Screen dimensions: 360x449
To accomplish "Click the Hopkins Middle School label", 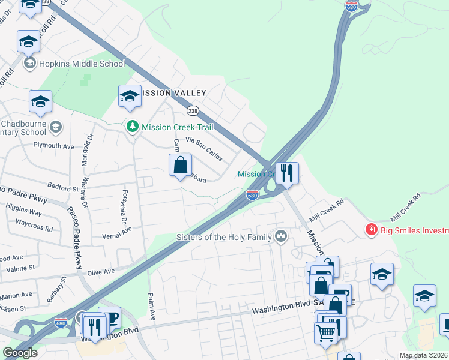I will click(x=82, y=64).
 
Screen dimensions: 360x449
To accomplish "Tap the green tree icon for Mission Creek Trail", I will click(x=133, y=127).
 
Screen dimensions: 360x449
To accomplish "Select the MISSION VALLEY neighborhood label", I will click(x=173, y=93).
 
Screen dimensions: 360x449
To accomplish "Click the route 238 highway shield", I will click(x=193, y=111).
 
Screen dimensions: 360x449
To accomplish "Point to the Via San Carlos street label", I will click(x=204, y=149).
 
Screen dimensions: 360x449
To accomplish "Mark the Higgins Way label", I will click(x=24, y=213).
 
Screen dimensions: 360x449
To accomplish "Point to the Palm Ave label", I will click(x=152, y=307).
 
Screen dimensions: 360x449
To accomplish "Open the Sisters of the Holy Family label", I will click(x=224, y=237).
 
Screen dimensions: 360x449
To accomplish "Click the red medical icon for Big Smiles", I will click(x=372, y=230).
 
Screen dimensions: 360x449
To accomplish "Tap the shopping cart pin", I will click(x=325, y=332).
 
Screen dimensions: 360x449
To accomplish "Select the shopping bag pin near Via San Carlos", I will click(x=180, y=165).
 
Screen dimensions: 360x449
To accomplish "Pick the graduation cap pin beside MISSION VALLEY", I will click(x=130, y=97).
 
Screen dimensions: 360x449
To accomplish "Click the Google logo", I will click(x=20, y=353).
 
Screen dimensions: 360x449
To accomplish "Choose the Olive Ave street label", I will click(x=101, y=272).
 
